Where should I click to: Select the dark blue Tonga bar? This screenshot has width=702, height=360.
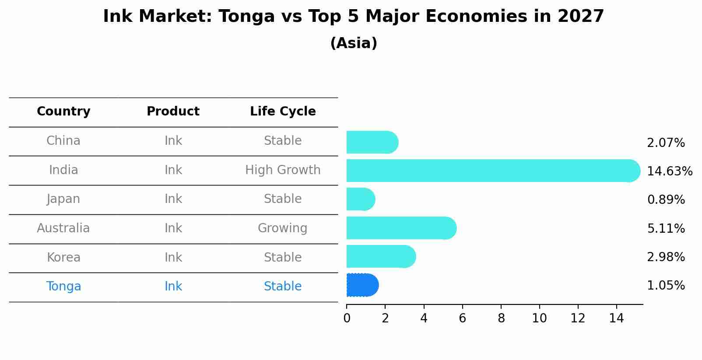362,285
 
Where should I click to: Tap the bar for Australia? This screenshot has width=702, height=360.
401,228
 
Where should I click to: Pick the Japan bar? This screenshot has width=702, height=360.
360,199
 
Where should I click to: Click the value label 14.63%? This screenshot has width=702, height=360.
669,171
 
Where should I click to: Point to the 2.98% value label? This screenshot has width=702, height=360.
666,257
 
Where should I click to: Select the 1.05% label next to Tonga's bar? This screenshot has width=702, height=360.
666,285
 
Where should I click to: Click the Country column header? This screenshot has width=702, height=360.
63,112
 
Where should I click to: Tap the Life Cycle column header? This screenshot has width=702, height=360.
283,112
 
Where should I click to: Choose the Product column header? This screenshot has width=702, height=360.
173,112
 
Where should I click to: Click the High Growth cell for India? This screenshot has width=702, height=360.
283,170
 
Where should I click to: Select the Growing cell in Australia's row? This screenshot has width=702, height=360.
282,228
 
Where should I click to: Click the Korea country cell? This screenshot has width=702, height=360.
63,257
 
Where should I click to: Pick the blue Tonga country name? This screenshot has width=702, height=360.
63,286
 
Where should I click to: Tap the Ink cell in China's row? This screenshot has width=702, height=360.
173,141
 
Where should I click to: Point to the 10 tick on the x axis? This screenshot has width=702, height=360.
539,318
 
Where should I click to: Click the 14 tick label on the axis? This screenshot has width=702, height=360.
616,318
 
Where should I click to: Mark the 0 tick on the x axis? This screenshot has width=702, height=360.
347,318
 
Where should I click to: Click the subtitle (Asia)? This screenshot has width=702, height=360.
354,43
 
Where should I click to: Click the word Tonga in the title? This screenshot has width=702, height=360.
246,17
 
